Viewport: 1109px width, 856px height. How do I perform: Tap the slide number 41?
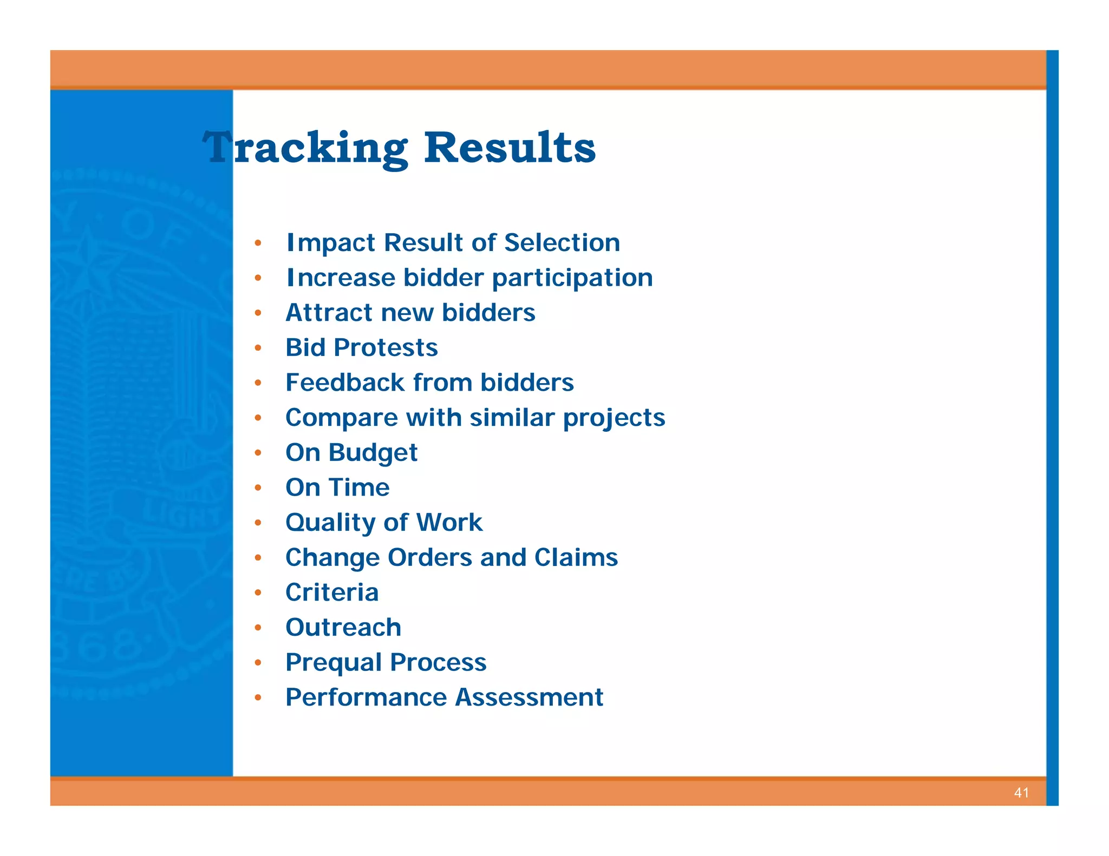1021,793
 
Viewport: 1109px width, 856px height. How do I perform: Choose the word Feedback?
344,383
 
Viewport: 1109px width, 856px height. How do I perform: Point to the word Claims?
576,557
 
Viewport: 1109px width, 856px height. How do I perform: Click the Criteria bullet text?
331,592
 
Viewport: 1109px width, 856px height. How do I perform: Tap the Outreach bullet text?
343,628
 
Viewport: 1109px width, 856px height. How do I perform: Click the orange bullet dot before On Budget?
258,453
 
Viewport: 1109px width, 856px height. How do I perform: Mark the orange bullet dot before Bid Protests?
258,348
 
